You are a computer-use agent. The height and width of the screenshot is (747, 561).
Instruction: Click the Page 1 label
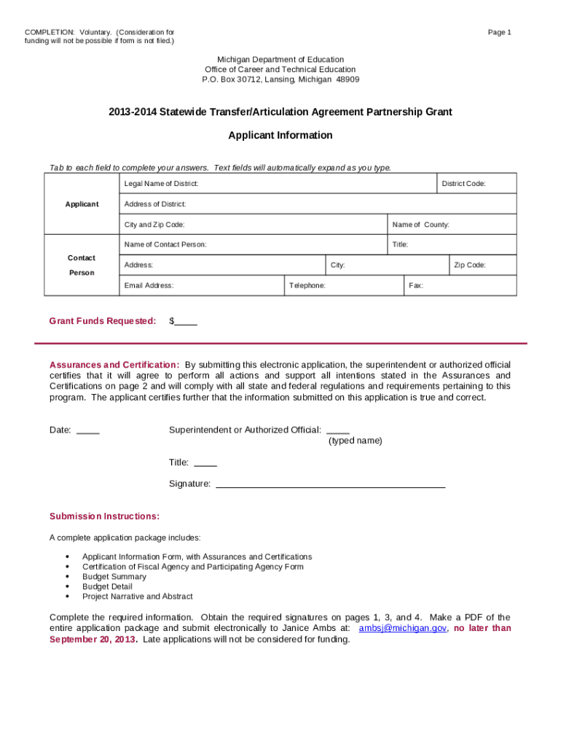(x=500, y=32)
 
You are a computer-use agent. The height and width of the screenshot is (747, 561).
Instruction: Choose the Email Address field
(x=201, y=285)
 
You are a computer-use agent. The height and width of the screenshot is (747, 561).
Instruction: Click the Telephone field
(x=343, y=285)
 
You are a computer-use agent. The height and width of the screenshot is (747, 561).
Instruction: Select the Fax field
(x=460, y=285)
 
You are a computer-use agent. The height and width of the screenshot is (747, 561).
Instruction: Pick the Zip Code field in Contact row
(x=482, y=265)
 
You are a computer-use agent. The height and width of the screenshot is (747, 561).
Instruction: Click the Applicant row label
(x=82, y=204)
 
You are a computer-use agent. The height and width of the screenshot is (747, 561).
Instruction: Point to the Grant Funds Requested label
(x=103, y=321)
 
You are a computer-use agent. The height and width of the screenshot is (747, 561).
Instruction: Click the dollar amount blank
(x=186, y=322)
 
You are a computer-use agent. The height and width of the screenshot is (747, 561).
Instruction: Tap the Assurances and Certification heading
(x=114, y=365)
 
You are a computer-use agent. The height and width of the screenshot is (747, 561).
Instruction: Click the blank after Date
(x=88, y=430)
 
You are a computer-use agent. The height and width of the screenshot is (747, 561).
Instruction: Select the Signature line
(x=331, y=484)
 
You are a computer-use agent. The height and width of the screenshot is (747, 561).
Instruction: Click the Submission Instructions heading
(x=104, y=516)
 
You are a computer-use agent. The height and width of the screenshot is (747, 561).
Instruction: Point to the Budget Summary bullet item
(x=114, y=576)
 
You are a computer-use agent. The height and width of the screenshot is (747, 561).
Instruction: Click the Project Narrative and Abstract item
(x=137, y=596)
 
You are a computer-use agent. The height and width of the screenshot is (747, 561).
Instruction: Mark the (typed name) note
(x=355, y=441)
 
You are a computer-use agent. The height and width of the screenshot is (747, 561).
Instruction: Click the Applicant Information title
(x=280, y=136)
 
